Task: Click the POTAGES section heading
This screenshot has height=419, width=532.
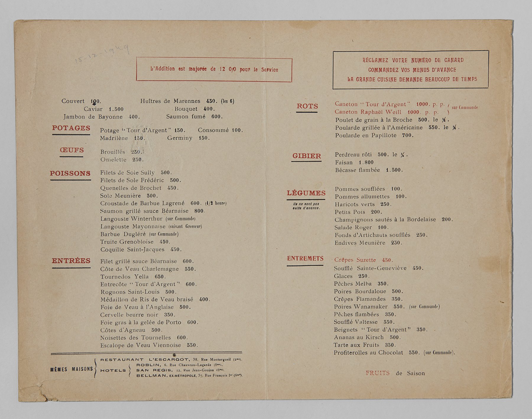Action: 71,128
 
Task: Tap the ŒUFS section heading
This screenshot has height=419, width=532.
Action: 72,150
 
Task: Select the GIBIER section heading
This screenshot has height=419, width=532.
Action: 306,156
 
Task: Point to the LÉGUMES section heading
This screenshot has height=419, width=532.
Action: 306,193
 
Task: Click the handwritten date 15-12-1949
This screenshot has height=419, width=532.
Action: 102,53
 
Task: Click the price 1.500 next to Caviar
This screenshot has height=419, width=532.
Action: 116,109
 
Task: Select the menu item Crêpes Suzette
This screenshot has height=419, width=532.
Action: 355,260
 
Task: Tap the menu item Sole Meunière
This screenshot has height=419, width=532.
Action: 120,196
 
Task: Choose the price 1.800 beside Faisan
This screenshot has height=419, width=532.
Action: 366,162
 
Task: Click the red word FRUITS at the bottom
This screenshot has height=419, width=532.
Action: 377,373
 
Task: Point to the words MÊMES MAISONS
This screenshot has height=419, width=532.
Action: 72,369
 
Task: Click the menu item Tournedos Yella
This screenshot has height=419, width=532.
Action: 124,277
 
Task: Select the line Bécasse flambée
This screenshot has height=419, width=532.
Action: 357,170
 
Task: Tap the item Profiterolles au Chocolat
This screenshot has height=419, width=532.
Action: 368,353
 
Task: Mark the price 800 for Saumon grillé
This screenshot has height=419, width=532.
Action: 199,211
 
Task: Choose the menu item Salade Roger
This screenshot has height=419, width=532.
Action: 353,228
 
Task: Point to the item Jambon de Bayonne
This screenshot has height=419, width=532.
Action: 93,117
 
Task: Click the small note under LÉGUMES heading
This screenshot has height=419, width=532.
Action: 306,206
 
